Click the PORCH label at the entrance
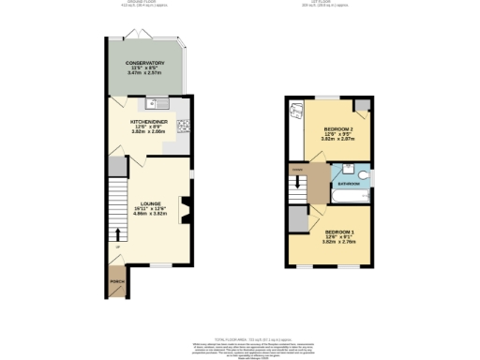pyautogui.click(x=117, y=281)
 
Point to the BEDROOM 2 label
pyautogui.click(x=337, y=127)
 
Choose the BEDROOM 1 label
pyautogui.click(x=338, y=230)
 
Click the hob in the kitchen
pyautogui.click(x=184, y=127)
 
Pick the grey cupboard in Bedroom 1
pyautogui.click(x=298, y=218)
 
